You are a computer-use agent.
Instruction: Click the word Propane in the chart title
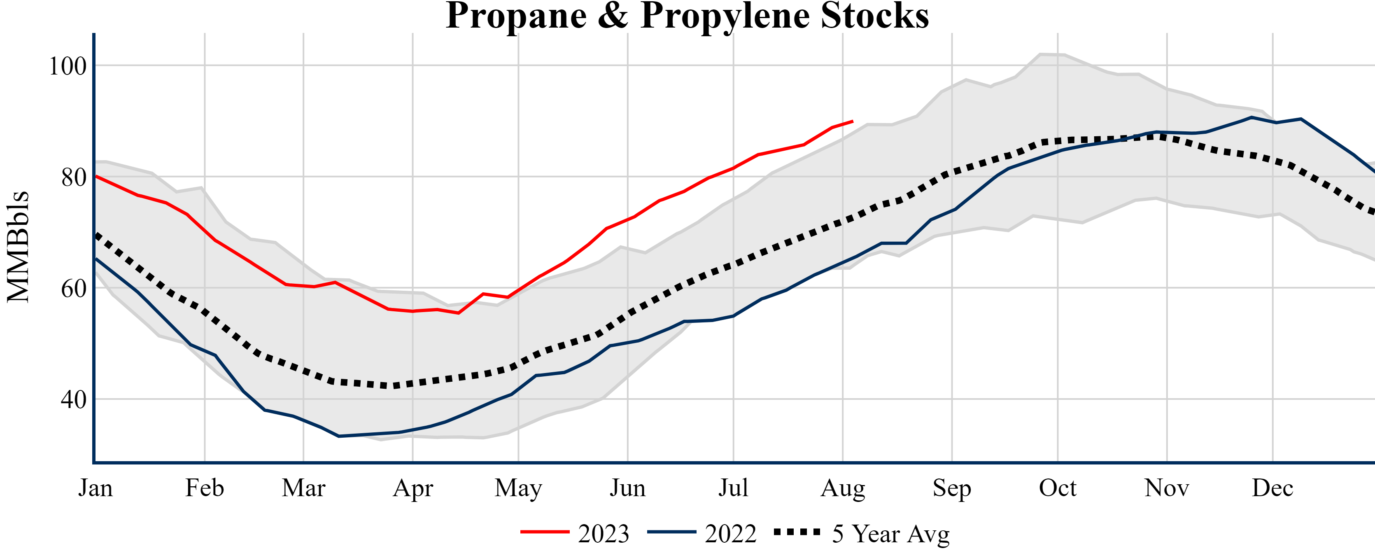pos(515,16)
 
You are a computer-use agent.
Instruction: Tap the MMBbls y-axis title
pos(18,247)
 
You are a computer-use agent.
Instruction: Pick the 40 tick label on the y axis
pos(74,399)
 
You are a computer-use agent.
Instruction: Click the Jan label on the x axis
pos(96,488)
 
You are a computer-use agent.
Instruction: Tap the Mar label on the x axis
pos(304,488)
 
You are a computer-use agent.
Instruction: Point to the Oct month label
pos(1058,488)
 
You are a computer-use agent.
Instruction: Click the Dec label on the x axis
pos(1272,488)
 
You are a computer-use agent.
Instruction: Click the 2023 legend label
pos(604,534)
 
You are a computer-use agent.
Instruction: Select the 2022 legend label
pos(730,534)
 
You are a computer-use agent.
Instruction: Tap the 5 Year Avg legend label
pos(891,534)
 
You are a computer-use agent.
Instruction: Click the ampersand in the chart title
pos(613,16)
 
